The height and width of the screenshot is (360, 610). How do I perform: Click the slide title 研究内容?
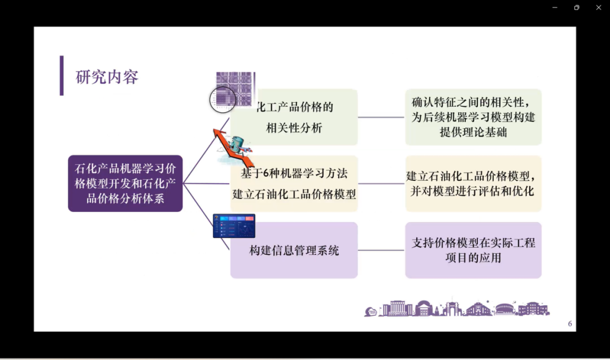[107, 77]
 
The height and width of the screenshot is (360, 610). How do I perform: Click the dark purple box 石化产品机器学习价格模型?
[125, 183]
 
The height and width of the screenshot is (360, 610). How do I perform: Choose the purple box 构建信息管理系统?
[294, 250]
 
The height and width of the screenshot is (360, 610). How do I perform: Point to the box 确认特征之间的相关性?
[473, 118]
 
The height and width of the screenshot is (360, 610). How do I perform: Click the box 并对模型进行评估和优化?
[473, 184]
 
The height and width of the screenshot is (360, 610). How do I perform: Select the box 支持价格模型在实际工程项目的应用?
[473, 250]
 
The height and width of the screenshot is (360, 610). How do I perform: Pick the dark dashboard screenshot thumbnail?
[234, 226]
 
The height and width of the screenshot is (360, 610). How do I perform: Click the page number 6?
[570, 324]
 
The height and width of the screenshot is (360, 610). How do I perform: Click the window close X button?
[599, 7]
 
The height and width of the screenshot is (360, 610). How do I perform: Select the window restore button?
[577, 7]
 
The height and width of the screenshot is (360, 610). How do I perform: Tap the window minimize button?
[555, 7]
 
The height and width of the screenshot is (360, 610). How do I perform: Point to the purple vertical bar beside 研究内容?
[62, 76]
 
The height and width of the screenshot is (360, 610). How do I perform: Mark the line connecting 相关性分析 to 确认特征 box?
[381, 118]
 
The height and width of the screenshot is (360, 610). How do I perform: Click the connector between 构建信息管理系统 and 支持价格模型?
[381, 250]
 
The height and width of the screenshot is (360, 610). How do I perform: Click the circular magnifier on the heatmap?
[223, 99]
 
